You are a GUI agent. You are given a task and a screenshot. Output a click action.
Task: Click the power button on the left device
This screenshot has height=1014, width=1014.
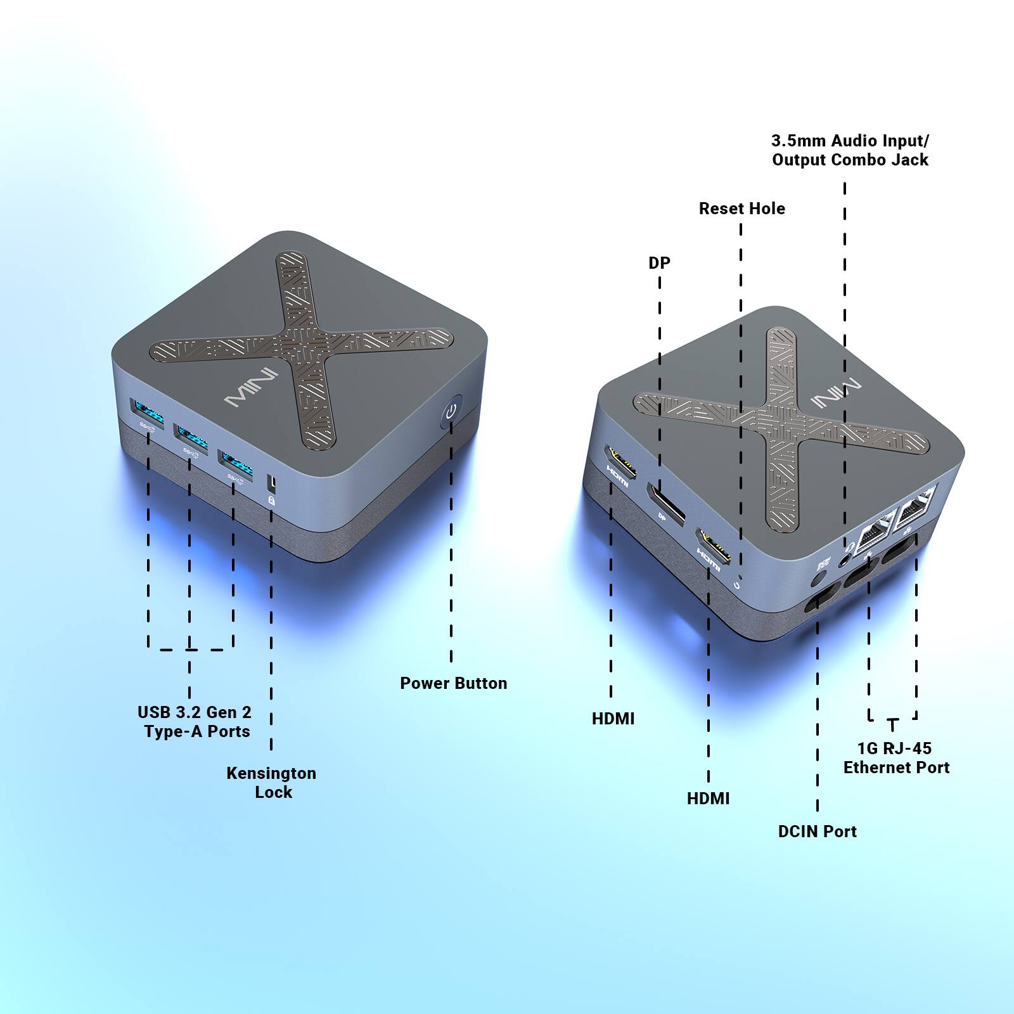click(451, 413)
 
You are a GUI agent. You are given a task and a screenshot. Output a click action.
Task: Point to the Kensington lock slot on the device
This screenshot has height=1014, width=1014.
click(273, 483)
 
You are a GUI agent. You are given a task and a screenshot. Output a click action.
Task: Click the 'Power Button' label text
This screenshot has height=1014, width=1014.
click(453, 683)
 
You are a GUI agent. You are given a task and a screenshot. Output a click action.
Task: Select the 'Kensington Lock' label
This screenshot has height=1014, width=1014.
click(272, 782)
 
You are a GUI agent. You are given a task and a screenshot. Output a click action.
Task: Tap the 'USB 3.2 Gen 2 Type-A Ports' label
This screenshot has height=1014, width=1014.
click(195, 721)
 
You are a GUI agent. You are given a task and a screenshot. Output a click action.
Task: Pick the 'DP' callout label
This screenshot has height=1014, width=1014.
click(659, 262)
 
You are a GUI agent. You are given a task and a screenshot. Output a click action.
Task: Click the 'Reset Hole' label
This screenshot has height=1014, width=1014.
click(741, 209)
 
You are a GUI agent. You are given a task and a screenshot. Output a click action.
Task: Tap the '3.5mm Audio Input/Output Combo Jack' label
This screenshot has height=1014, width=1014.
click(850, 150)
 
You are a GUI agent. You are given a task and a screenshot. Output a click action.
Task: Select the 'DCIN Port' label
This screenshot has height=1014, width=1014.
click(817, 831)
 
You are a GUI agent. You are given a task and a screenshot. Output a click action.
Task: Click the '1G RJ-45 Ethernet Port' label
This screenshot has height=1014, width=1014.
click(895, 757)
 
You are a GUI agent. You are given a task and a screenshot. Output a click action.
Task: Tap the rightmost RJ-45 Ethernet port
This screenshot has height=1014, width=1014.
click(915, 507)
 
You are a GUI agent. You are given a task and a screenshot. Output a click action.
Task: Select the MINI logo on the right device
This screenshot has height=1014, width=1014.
click(836, 394)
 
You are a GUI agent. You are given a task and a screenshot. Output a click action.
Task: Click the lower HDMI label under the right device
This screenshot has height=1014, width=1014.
click(708, 799)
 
